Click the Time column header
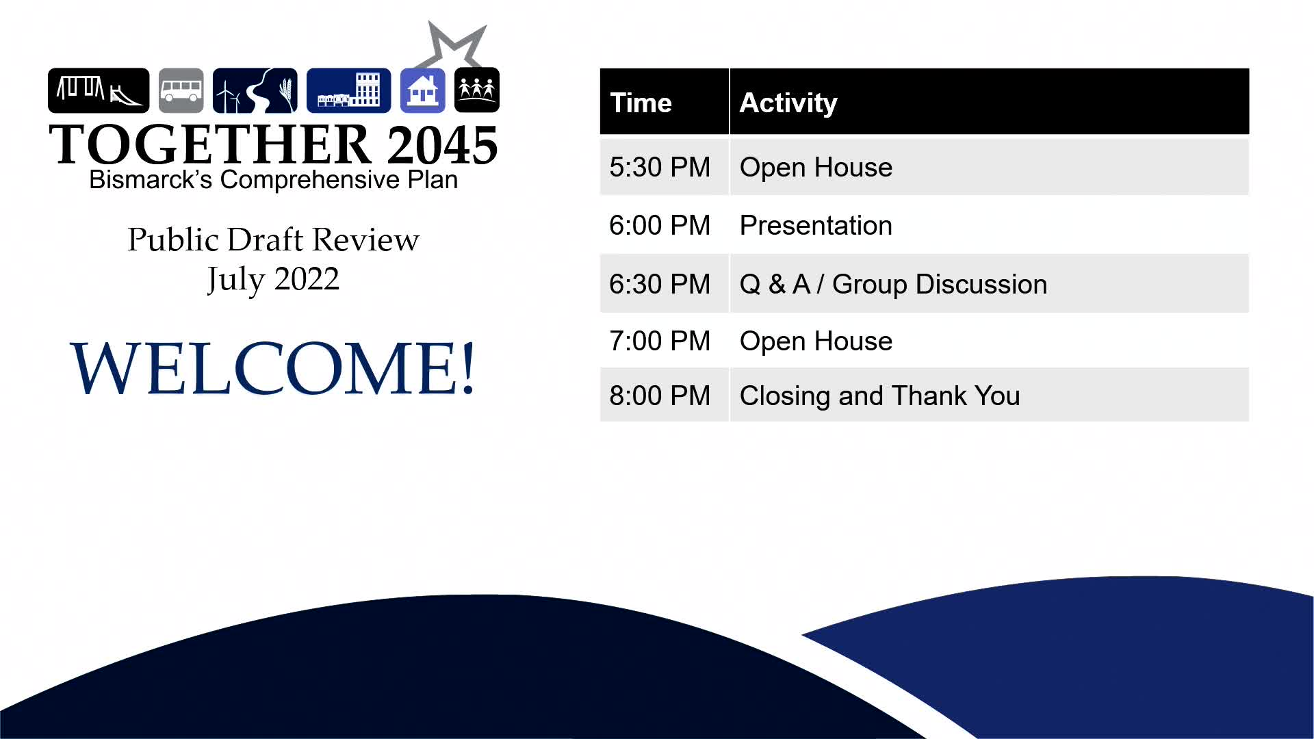coord(641,103)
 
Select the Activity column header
coord(788,103)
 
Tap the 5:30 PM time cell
coord(660,168)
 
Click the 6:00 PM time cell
coord(660,226)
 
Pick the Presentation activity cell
coord(816,226)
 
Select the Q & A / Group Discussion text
coord(893,285)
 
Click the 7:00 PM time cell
coord(660,341)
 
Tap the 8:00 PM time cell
coord(660,396)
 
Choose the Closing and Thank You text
coord(879,396)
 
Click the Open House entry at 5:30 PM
coord(816,168)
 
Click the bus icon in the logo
coord(181,90)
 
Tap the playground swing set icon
coord(99,90)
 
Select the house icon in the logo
coord(422,90)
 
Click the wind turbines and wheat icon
coord(255,90)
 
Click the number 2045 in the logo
coord(442,145)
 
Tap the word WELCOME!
coord(273,368)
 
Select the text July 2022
coord(273,280)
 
